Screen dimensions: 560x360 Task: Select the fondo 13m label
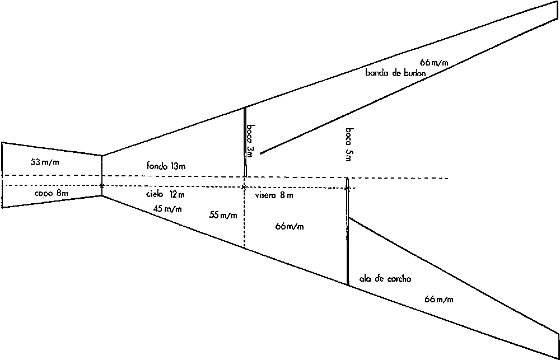pyautogui.click(x=166, y=166)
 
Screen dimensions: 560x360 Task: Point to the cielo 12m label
pyautogui.click(x=165, y=195)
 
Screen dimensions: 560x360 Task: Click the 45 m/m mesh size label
pyautogui.click(x=167, y=209)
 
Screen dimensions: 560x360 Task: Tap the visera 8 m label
pyautogui.click(x=274, y=195)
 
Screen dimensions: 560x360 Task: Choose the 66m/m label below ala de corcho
pyautogui.click(x=439, y=300)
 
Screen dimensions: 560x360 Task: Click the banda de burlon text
pyautogui.click(x=395, y=73)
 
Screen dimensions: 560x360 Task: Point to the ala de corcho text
pyautogui.click(x=385, y=279)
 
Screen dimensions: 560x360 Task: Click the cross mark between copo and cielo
pyautogui.click(x=102, y=186)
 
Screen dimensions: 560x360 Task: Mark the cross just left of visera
pyautogui.click(x=244, y=187)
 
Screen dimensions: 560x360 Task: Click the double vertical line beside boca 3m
pyautogui.click(x=245, y=142)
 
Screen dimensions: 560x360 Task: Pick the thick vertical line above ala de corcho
pyautogui.click(x=348, y=231)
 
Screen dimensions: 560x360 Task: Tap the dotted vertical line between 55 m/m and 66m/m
pyautogui.click(x=244, y=217)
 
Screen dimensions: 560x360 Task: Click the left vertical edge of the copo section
pyautogui.click(x=2, y=175)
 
